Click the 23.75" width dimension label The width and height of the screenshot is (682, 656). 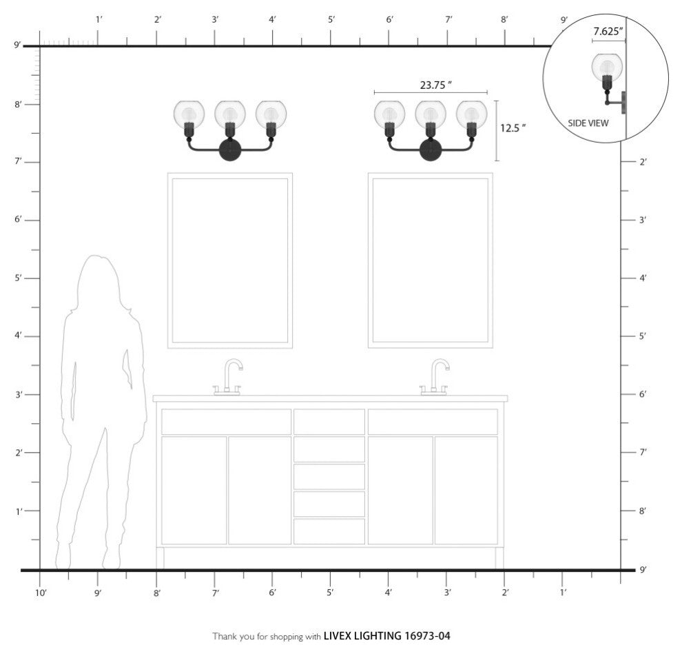pos(436,85)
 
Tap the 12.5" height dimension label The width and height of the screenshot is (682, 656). pos(513,128)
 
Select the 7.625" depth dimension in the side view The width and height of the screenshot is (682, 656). pos(608,31)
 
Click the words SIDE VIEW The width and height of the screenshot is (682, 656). pos(588,123)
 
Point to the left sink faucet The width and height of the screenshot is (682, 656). pos(227,377)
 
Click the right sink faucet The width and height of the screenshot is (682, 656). pos(434,377)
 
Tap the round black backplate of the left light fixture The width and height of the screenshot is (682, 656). pos(230,150)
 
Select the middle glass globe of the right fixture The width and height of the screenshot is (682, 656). pos(430,114)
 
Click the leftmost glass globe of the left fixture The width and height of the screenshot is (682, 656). pos(189,114)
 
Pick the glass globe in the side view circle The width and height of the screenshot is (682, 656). pos(607,67)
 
